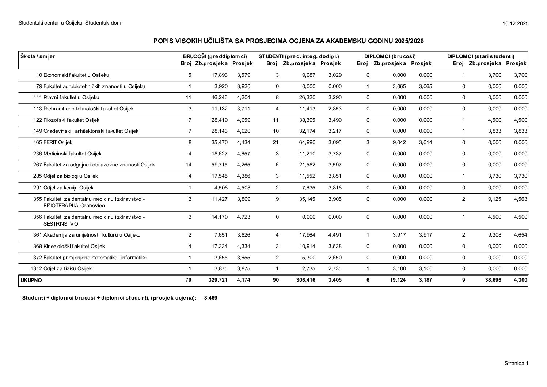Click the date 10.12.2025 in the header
pos(515,23)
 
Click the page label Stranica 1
pos(516,363)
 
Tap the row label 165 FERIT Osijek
pos(53,142)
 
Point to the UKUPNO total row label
pos(31,281)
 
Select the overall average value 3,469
pos(211,298)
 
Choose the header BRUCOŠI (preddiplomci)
pos(215,56)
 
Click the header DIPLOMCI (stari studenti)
pos(480,56)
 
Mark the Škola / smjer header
pos(38,56)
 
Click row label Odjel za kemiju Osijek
pos(68,188)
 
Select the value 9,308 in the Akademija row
pos(495,235)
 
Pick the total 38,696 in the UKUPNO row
pos(493,281)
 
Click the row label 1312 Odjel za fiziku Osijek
pos(61,269)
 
